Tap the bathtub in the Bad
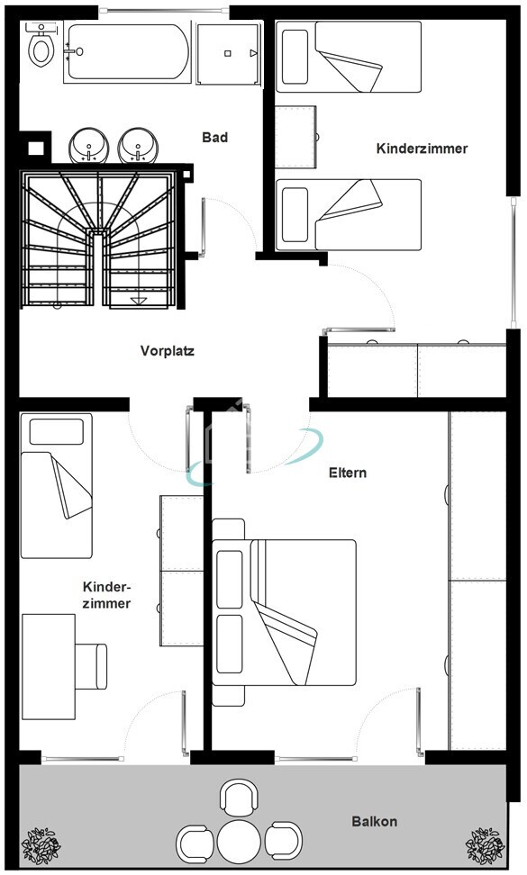tap(127, 52)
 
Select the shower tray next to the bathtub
tap(229, 54)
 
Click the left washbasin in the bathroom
tap(89, 146)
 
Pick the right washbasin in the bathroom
tap(138, 146)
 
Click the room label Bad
tap(215, 137)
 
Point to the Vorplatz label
tap(167, 351)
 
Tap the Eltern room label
tap(348, 473)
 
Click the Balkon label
tap(375, 821)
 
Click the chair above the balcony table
tap(240, 798)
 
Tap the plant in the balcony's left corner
tap(41, 846)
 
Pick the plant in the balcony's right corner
tap(486, 846)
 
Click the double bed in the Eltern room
tap(284, 612)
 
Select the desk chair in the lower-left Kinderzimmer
tap(91, 666)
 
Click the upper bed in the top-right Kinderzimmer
tap(349, 57)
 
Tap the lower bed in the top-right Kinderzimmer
tap(349, 215)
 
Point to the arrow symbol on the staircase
tap(139, 302)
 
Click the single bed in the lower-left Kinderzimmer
tap(57, 485)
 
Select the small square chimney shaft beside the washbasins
tap(36, 148)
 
